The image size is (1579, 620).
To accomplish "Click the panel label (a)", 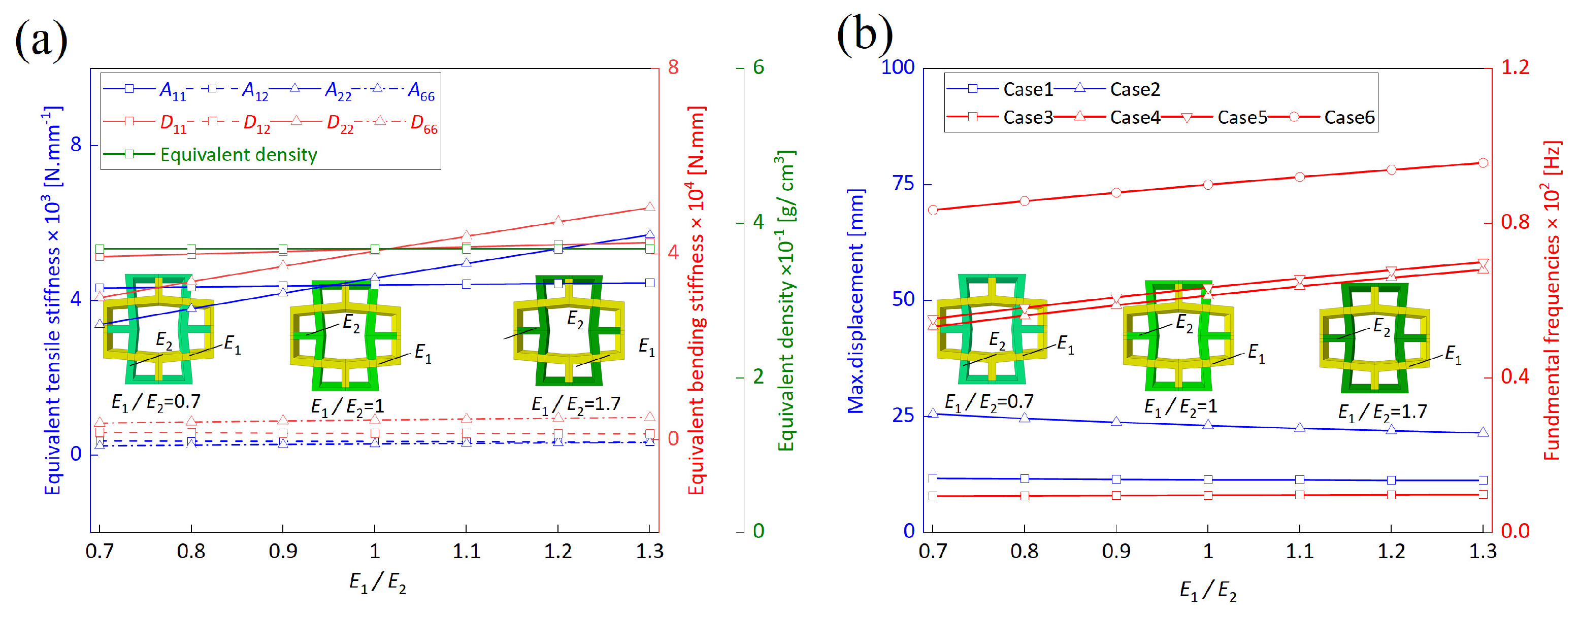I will pyautogui.click(x=41, y=41).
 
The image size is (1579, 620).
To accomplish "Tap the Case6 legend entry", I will pyautogui.click(x=1348, y=117).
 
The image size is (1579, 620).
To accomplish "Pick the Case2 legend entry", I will pyautogui.click(x=1135, y=89).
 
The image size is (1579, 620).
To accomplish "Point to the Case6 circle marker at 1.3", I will pyautogui.click(x=1483, y=163).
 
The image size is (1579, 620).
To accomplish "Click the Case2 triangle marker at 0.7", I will pyautogui.click(x=933, y=414).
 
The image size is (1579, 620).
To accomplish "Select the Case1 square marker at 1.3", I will pyautogui.click(x=1483, y=480).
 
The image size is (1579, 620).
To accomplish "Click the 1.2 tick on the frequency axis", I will pyautogui.click(x=1515, y=67).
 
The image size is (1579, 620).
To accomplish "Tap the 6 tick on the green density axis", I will pyautogui.click(x=758, y=67).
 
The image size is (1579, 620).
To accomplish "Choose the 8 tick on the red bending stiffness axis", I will pyautogui.click(x=673, y=67).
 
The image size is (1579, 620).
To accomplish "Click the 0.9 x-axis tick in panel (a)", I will pyautogui.click(x=283, y=552).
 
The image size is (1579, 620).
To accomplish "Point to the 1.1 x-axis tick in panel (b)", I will pyautogui.click(x=1299, y=552).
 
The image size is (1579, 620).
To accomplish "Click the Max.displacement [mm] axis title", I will pyautogui.click(x=856, y=301).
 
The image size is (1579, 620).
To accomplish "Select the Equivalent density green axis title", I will pyautogui.click(x=786, y=301).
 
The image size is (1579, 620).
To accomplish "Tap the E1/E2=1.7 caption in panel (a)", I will pyautogui.click(x=576, y=404).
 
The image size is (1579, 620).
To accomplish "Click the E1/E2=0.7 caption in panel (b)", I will pyautogui.click(x=989, y=402).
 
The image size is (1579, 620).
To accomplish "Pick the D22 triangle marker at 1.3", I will pyautogui.click(x=650, y=207).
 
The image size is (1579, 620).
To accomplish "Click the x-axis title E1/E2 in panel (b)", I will pyautogui.click(x=1207, y=591).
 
